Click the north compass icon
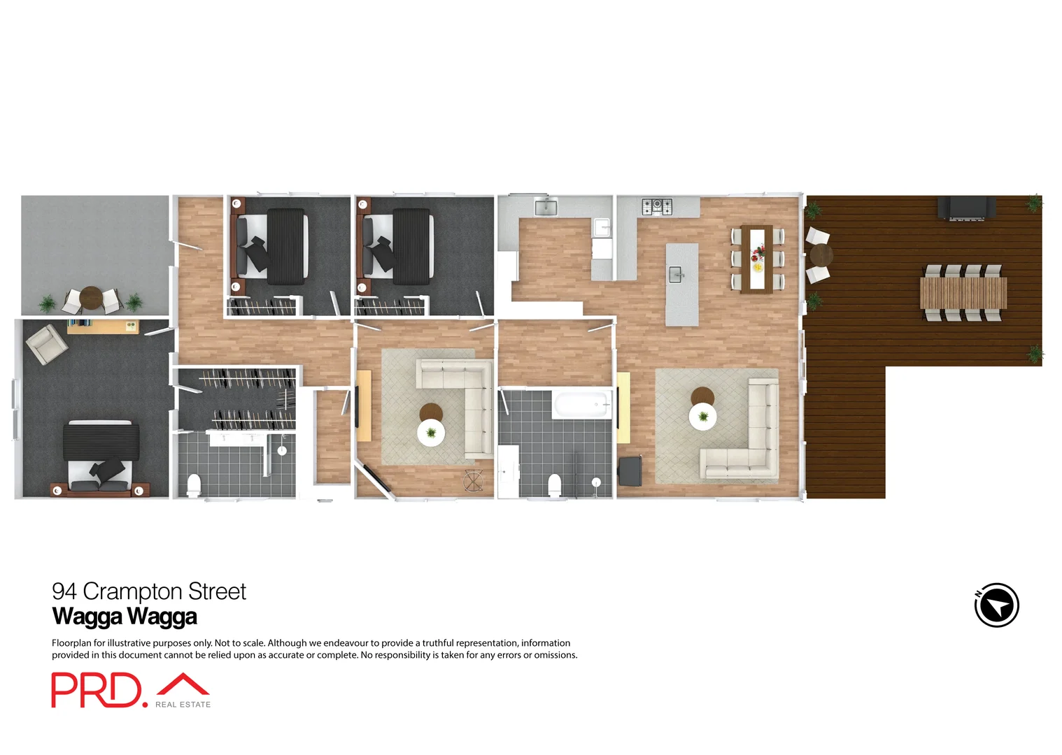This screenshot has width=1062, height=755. point(996,605)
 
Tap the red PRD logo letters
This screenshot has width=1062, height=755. point(96,690)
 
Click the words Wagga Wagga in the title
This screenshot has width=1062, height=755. point(125,617)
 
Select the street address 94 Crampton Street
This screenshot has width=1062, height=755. point(149,591)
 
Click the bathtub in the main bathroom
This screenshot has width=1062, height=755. point(581,405)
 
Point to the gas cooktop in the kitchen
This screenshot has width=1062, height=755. point(657,206)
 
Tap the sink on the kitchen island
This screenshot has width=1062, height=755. point(676,274)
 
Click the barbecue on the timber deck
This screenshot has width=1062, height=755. point(966,208)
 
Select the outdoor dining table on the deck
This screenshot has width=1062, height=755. point(963,293)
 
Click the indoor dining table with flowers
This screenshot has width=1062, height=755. point(758,257)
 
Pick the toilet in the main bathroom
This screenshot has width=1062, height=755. point(555,484)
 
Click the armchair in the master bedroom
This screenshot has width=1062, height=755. point(46,344)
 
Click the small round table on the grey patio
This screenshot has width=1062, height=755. point(91,299)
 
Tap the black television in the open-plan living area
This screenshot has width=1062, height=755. point(630,470)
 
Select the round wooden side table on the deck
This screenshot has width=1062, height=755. point(820,254)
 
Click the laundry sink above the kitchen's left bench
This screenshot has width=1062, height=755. point(546,207)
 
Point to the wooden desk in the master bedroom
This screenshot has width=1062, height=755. point(103,325)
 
